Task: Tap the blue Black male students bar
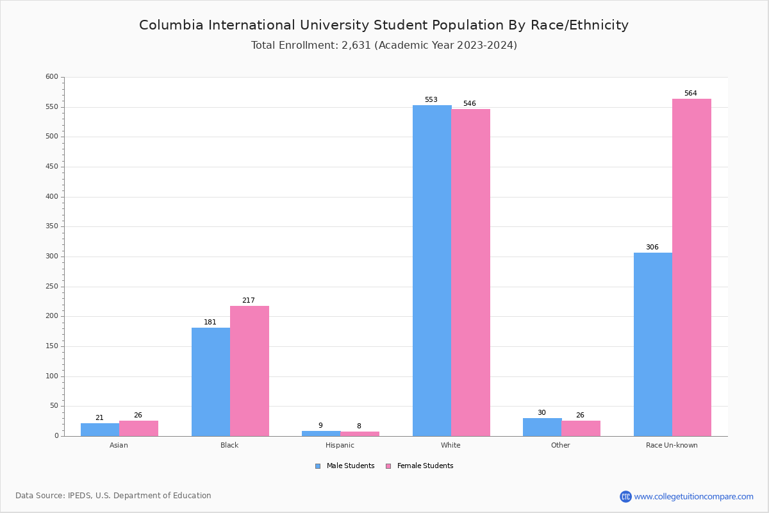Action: (211, 382)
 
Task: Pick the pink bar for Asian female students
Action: (138, 428)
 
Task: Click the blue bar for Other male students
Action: (542, 427)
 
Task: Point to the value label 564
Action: (690, 94)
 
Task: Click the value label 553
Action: (431, 100)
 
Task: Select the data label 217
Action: (249, 301)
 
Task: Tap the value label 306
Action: (652, 248)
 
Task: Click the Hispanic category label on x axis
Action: (340, 445)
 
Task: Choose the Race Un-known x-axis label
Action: (672, 445)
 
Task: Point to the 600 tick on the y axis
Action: (52, 77)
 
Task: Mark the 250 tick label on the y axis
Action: (52, 287)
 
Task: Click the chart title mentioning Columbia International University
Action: (384, 26)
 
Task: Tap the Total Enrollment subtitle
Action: (384, 46)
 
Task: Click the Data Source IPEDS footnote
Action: (113, 496)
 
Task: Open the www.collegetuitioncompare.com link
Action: (693, 496)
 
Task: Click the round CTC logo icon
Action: (625, 496)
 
